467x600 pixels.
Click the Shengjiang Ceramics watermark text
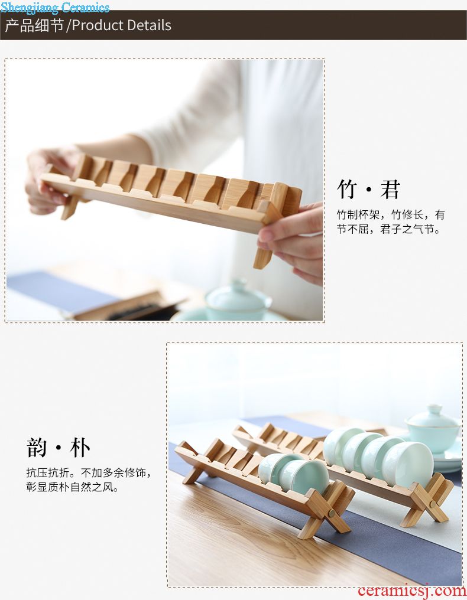(55, 7)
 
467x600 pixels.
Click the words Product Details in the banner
(121, 25)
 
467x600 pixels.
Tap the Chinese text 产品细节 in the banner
(34, 25)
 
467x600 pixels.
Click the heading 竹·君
(368, 189)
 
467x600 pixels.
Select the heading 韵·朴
(59, 448)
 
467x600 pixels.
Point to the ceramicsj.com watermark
(411, 591)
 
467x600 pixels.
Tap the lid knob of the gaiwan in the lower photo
(434, 410)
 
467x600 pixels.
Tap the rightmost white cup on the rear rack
(408, 464)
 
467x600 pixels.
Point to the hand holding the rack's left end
(47, 181)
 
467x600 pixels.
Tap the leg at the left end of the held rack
(71, 207)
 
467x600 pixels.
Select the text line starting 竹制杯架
(390, 215)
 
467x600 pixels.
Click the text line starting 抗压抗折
(89, 473)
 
